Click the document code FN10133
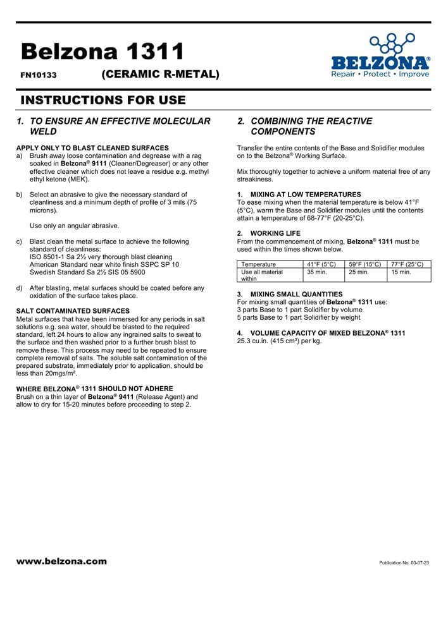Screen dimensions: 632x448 39,75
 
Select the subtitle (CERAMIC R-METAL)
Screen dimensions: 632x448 160,74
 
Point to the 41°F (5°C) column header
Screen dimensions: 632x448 321,264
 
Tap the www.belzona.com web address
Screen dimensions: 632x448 62,561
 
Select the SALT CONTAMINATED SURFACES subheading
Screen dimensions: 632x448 73,311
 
